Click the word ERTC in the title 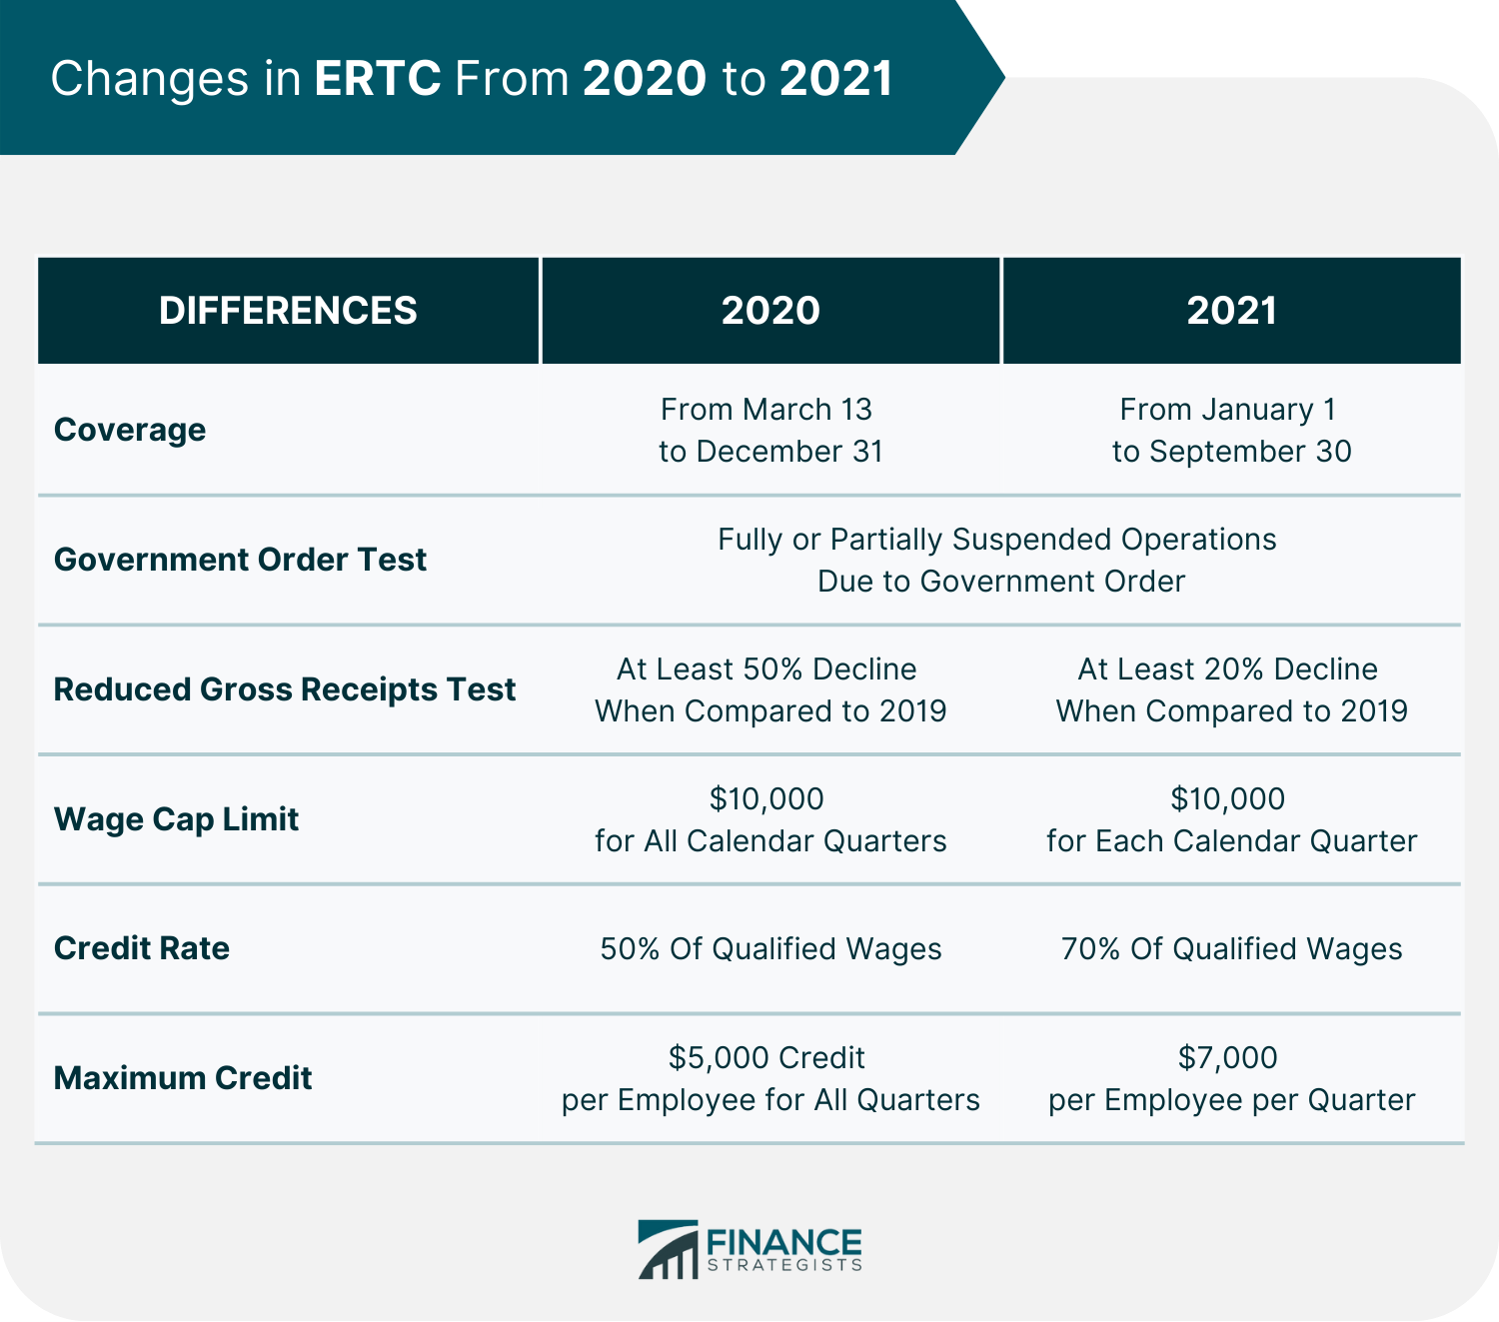pos(378,78)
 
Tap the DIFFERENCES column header pos(288,310)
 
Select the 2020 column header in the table pos(770,310)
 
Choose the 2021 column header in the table pos(1231,310)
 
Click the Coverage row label pos(130,430)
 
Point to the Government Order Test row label pos(240,560)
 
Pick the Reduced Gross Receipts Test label pos(284,689)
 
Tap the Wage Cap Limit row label pos(176,819)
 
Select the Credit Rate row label pos(141,948)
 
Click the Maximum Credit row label pos(183,1078)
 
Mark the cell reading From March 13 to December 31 pos(770,430)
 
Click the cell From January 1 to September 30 pos(1231,430)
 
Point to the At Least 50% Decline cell pos(770,689)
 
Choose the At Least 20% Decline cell pos(1231,689)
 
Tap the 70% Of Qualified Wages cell pos(1231,948)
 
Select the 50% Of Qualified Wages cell pos(770,948)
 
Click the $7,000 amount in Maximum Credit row pos(1227,1057)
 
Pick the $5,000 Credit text pos(766,1057)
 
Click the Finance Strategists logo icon pos(668,1249)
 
